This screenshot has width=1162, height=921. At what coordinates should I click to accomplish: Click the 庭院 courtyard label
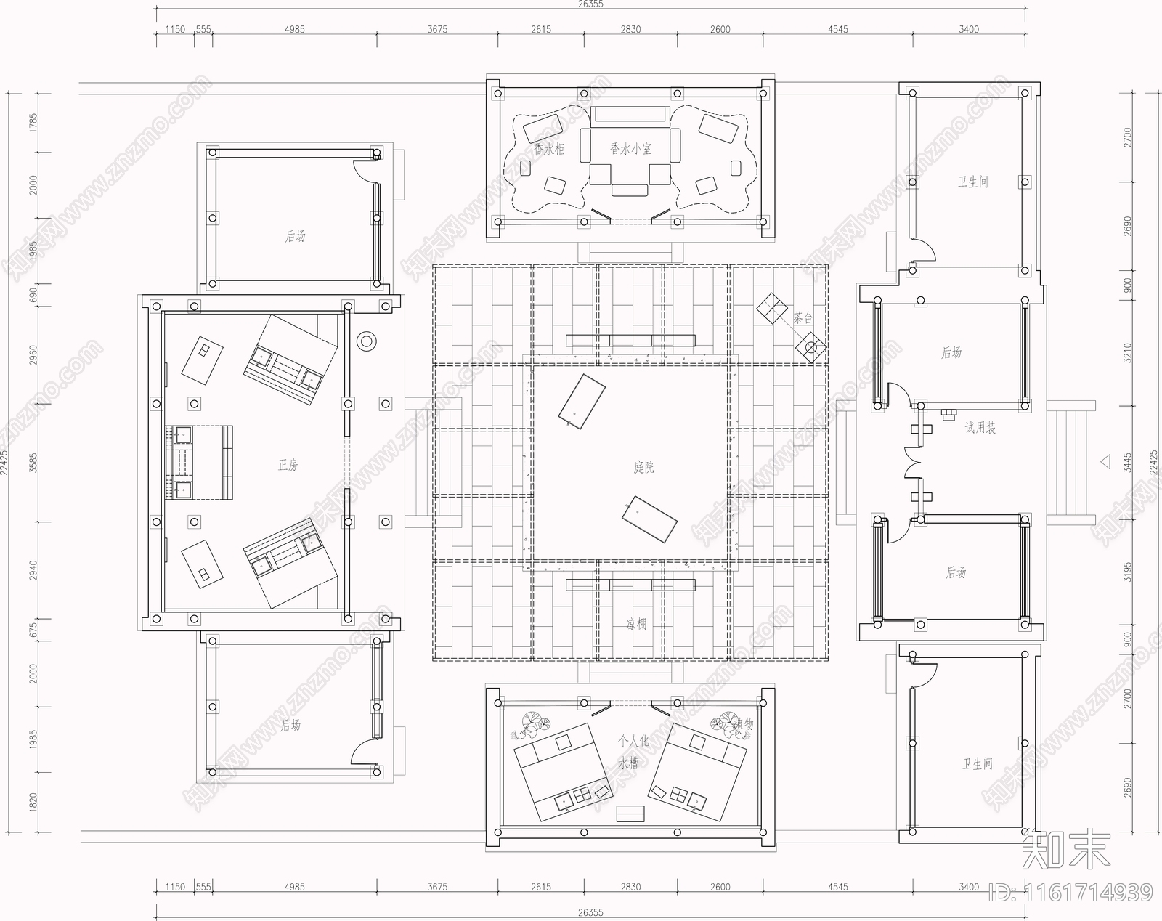point(643,467)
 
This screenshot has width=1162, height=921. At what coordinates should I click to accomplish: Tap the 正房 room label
point(288,465)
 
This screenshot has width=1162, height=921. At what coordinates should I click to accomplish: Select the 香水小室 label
point(630,149)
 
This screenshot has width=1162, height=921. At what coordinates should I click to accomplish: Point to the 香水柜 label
point(549,150)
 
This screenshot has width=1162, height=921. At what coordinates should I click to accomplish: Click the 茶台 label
point(803,318)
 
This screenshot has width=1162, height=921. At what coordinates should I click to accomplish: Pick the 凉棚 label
point(636,624)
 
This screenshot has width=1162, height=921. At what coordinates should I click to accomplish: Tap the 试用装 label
point(980,428)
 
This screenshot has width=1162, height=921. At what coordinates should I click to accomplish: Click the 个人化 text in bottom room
point(633,742)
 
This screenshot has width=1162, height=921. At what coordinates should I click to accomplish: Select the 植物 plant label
point(743,724)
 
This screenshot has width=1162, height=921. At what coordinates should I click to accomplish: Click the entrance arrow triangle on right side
point(1105,460)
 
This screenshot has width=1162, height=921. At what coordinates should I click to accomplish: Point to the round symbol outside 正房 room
point(366,341)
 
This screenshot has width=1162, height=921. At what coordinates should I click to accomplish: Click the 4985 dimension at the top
point(295,30)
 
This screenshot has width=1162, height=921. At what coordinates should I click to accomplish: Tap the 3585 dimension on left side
point(32,463)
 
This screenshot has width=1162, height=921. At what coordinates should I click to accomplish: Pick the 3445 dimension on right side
point(1127,463)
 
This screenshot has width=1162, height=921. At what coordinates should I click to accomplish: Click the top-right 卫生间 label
point(972,182)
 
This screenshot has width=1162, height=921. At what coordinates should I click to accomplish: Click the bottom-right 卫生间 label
point(978,764)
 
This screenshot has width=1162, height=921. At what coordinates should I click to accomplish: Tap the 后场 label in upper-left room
point(295,236)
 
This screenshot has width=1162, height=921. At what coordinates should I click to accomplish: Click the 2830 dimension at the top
point(630,30)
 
